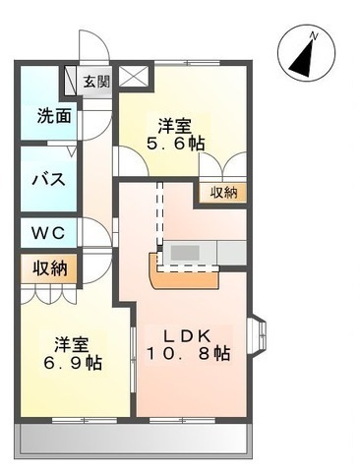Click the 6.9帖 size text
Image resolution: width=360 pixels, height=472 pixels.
point(74,363)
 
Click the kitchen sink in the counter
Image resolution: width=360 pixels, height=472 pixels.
point(186,253)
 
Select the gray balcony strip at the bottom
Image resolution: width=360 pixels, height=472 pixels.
point(132,439)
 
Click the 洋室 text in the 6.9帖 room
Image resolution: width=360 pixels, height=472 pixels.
point(74,344)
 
